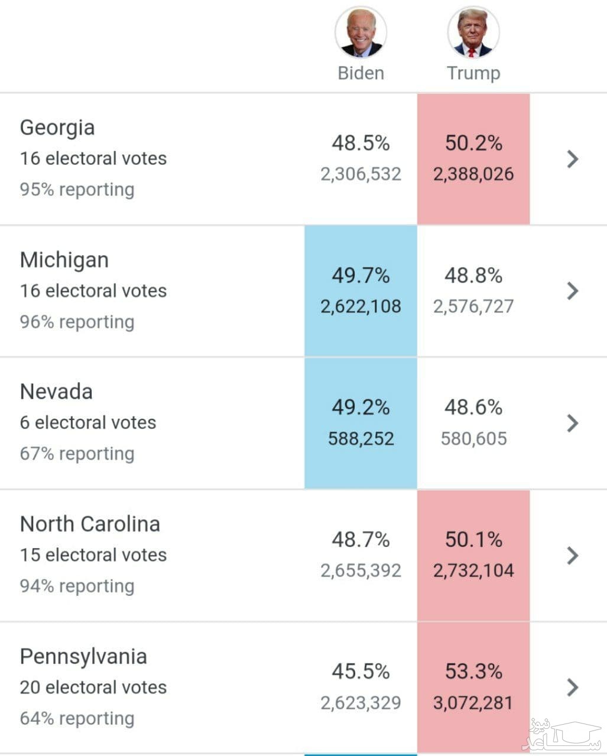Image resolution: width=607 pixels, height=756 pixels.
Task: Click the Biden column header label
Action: click(361, 73)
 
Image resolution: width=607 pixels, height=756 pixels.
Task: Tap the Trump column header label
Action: click(473, 73)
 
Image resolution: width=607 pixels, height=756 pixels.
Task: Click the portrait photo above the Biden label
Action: click(361, 32)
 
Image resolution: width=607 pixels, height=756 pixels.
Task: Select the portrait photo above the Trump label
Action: click(473, 32)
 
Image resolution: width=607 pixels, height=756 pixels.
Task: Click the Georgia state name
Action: click(57, 128)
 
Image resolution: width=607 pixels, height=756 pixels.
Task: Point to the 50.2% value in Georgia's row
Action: click(473, 143)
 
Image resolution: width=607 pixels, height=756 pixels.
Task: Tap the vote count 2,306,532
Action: click(361, 174)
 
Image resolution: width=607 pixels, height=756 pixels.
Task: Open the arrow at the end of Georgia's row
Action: click(572, 159)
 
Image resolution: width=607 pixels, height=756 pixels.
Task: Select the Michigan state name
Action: click(64, 260)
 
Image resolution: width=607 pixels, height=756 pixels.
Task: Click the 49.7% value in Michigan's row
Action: click(361, 275)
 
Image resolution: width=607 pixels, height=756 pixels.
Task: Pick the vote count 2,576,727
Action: click(473, 307)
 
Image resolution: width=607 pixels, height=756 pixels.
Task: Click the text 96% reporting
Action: click(77, 322)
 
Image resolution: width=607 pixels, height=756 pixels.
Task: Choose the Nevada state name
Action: click(56, 392)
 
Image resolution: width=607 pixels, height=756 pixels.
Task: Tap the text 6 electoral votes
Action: click(88, 423)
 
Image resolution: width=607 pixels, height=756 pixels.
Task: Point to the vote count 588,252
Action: click(361, 439)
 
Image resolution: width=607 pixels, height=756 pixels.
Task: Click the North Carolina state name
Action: click(90, 524)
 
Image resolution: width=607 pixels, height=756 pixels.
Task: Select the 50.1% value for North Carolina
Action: click(473, 539)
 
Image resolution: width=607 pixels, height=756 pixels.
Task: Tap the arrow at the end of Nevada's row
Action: click(572, 423)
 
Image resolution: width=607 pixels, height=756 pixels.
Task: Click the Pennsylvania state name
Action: click(83, 656)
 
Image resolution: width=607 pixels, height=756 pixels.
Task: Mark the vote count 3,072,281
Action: click(473, 703)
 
